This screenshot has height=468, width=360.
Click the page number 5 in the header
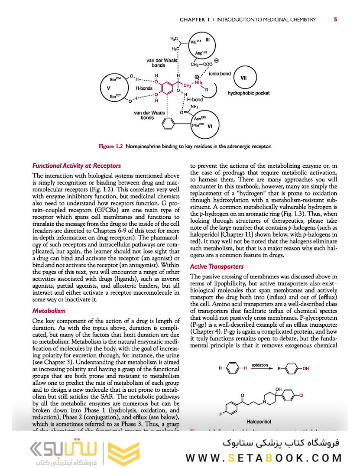tap(336, 19)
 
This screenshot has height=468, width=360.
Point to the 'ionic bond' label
tap(220, 74)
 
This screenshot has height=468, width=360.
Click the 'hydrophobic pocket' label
tap(248, 93)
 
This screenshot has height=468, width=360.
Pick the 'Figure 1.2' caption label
tap(111, 146)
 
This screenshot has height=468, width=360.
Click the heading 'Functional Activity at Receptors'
tap(77, 166)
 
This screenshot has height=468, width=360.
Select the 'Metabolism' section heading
tap(49, 311)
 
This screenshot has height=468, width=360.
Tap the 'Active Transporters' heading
tap(217, 266)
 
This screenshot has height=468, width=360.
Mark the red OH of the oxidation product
tap(306, 369)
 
